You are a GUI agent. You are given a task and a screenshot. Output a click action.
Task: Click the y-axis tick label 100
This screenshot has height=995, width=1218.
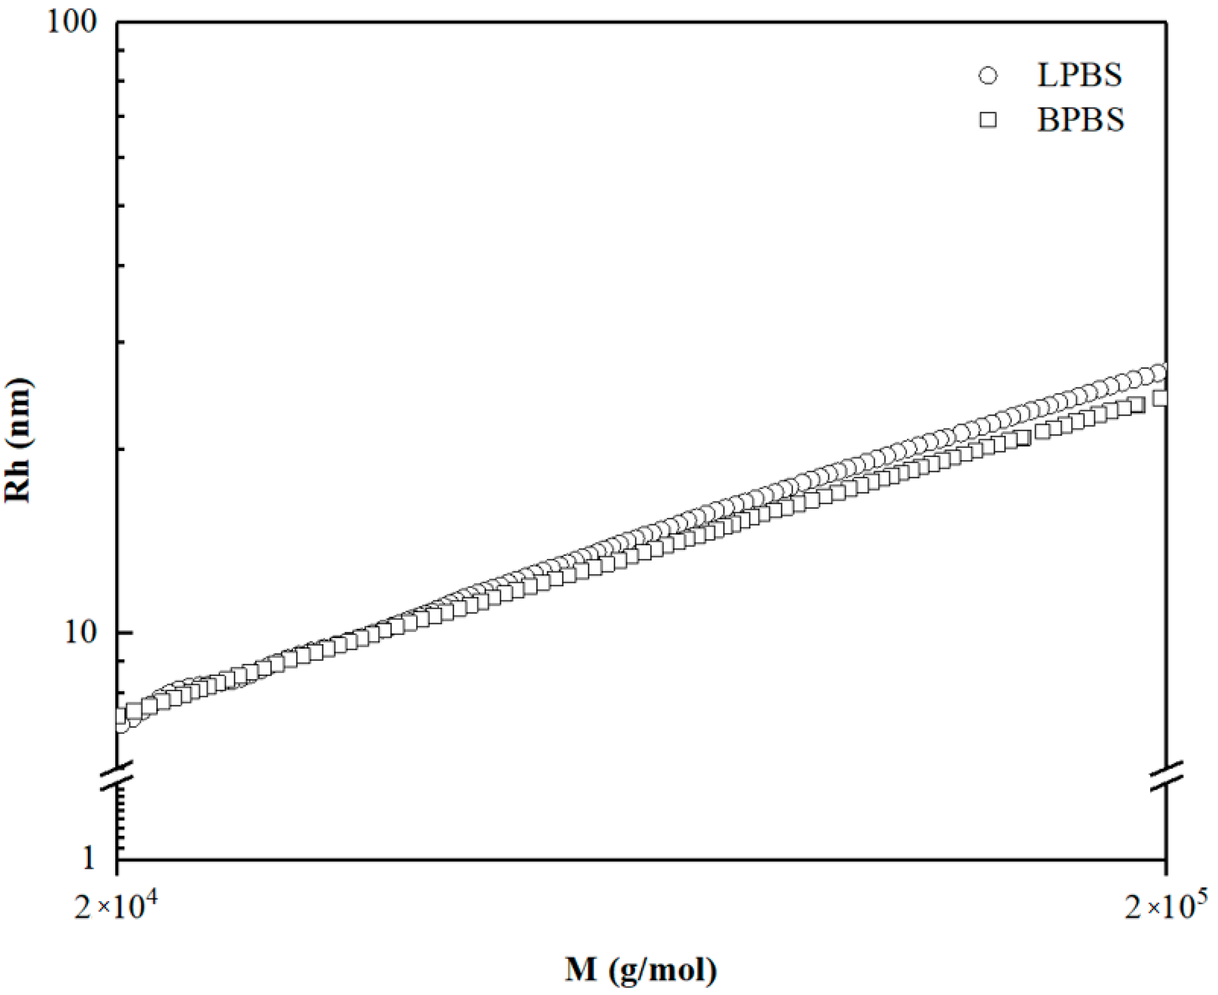[x=72, y=24]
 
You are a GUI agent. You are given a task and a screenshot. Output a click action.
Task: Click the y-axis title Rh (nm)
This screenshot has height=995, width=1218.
[x=18, y=440]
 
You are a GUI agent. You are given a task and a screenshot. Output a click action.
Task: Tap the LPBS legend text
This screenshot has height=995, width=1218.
[x=1079, y=76]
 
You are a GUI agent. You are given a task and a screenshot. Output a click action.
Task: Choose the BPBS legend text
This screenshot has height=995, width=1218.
[x=1081, y=120]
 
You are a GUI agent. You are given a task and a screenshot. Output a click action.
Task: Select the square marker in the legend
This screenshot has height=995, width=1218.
[x=988, y=120]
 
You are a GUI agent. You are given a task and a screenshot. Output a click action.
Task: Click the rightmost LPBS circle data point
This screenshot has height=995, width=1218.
[x=1158, y=373]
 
